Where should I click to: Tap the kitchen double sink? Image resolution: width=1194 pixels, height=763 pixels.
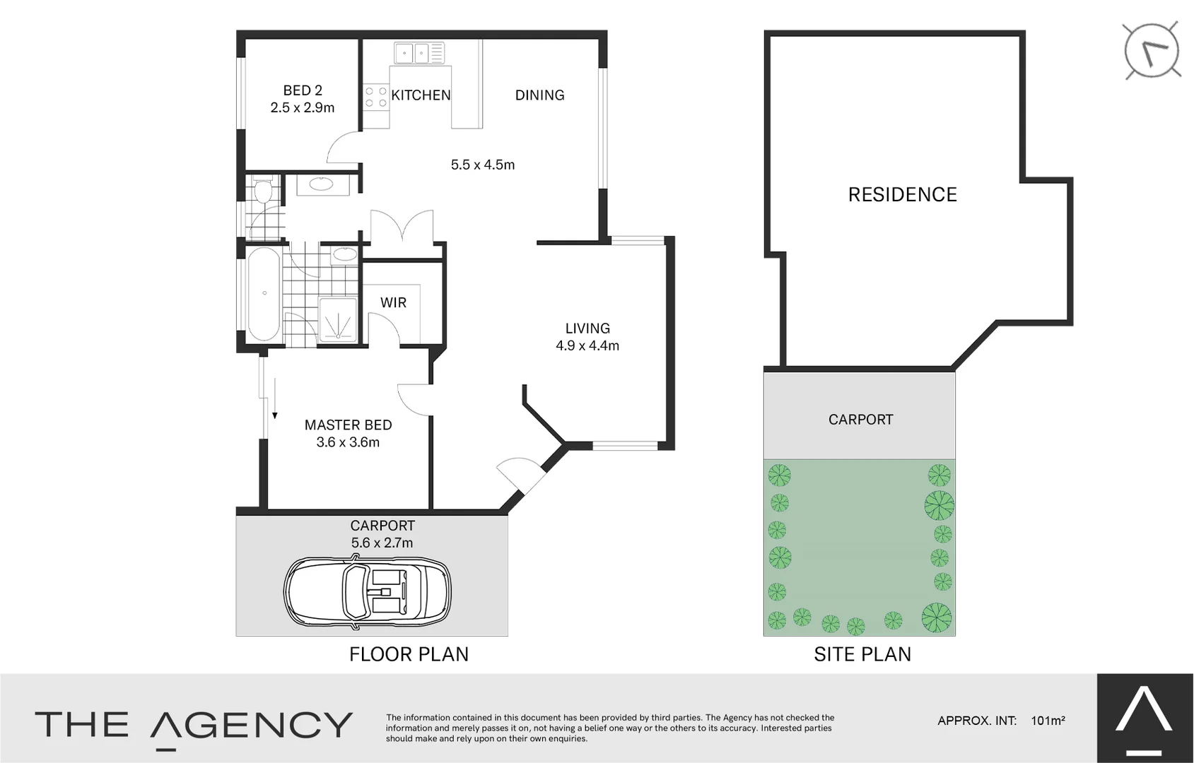(x=412, y=52)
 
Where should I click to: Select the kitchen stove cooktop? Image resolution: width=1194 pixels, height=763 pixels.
(x=375, y=97)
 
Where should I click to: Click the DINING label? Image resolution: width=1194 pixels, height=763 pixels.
(x=539, y=95)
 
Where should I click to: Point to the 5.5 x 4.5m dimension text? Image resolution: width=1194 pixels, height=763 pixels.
(x=483, y=165)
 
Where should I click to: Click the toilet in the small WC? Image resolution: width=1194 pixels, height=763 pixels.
(x=263, y=191)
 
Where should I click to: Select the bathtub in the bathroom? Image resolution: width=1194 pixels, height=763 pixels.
(x=264, y=293)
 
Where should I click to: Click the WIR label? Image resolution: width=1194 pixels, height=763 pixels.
(x=393, y=302)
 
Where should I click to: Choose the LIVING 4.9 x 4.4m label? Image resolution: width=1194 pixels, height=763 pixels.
(x=587, y=337)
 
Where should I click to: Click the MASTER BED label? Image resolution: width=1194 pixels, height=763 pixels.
(x=348, y=425)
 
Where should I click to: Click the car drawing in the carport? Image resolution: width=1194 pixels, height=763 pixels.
(x=368, y=591)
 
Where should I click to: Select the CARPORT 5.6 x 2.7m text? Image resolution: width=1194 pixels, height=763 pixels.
(x=382, y=534)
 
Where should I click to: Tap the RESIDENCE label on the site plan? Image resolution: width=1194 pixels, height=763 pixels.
(x=902, y=195)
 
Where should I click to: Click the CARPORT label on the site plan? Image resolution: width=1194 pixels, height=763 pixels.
(x=860, y=420)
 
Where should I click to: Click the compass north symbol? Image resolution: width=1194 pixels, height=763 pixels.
(x=1152, y=50)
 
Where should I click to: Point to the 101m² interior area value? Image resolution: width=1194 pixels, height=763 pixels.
(x=1048, y=721)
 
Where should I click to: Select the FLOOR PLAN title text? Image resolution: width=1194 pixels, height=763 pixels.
(x=409, y=654)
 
